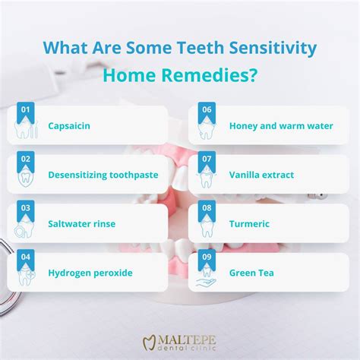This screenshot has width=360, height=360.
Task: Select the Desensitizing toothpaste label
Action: click(x=103, y=175)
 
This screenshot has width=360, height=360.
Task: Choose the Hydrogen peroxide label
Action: click(x=90, y=273)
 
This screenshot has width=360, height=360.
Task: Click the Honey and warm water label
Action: click(x=281, y=126)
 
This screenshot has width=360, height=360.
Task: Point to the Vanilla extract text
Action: click(x=261, y=175)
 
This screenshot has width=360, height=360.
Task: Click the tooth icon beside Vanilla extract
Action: click(x=206, y=181)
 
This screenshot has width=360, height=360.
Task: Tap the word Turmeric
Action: click(x=249, y=224)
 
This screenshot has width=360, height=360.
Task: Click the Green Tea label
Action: click(x=252, y=273)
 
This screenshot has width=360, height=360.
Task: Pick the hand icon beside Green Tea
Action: click(x=206, y=282)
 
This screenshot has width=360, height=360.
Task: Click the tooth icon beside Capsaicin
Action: click(x=24, y=131)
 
